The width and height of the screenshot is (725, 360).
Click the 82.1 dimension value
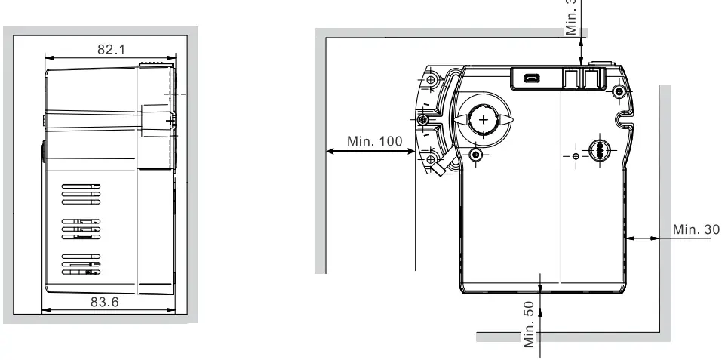112,49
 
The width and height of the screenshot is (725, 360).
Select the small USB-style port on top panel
533,78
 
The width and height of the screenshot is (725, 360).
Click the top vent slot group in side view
81,192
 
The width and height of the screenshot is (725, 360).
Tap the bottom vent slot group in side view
81,263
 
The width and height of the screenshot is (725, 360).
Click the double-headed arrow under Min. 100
370,152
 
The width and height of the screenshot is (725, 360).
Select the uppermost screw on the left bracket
431,80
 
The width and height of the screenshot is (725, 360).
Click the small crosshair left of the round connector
577,155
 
